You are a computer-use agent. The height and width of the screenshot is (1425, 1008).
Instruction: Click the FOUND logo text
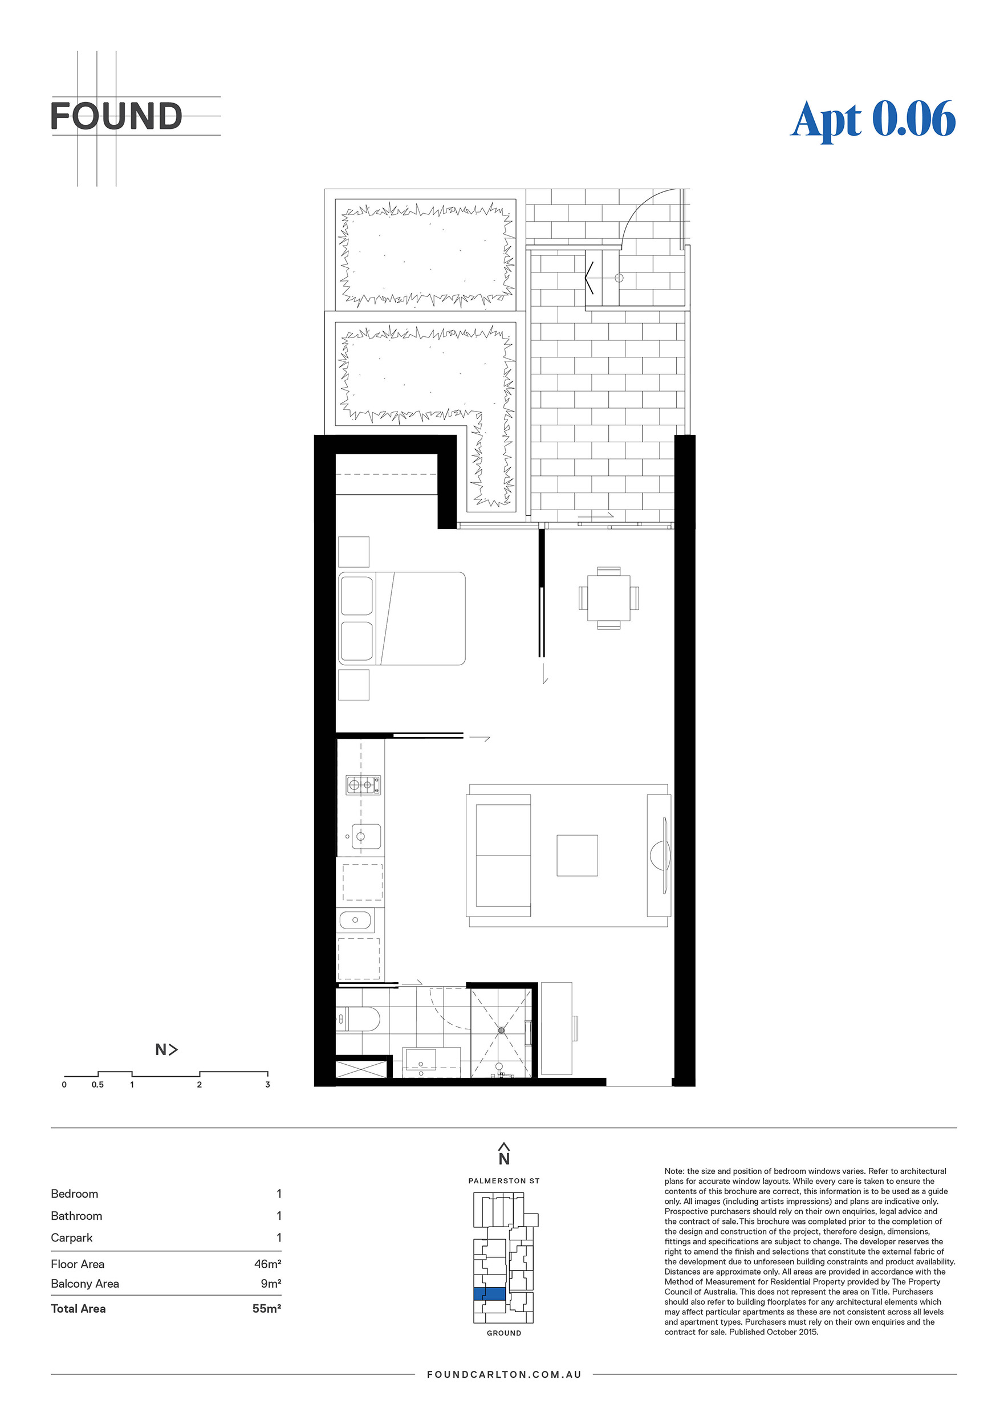tap(116, 116)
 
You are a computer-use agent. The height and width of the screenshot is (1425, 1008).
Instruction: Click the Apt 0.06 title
tap(873, 120)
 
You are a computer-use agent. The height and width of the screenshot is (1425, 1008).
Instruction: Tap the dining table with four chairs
tap(608, 598)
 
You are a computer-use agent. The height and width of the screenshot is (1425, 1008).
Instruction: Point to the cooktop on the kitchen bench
tap(363, 785)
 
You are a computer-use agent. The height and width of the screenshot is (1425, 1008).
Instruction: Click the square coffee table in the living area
tap(577, 855)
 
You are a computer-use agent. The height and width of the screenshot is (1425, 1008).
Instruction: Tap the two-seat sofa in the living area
tap(499, 855)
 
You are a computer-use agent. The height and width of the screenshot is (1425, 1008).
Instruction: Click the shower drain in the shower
tap(501, 1030)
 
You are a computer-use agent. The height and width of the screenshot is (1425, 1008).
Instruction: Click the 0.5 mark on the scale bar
tap(97, 1084)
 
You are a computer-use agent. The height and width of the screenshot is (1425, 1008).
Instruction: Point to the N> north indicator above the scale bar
tap(166, 1049)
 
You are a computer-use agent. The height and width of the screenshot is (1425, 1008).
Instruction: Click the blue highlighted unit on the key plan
tap(490, 1293)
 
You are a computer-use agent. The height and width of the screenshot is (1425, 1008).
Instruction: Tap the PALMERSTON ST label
tap(504, 1180)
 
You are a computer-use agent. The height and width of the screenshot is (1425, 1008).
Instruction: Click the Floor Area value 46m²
tap(267, 1264)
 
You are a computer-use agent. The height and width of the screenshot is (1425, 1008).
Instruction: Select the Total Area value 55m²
tap(267, 1308)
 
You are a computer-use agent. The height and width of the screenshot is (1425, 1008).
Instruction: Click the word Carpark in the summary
tap(71, 1237)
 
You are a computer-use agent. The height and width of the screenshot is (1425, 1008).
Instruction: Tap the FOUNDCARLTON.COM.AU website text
tap(504, 1374)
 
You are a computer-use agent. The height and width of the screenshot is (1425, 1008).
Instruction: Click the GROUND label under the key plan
tap(504, 1333)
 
